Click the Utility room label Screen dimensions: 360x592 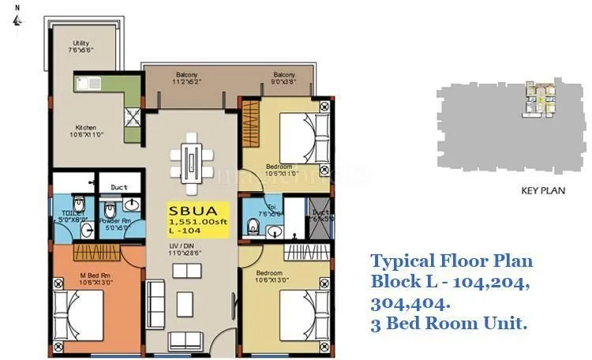point(81,47)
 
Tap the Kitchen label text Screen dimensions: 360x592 point(86,131)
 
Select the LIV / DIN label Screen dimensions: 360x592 point(189,250)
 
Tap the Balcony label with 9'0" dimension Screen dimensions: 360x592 point(284,78)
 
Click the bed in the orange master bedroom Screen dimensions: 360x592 point(79,314)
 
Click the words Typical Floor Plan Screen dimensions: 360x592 point(451,261)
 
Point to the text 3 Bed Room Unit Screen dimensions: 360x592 point(449,323)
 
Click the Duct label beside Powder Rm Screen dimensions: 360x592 point(119,187)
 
